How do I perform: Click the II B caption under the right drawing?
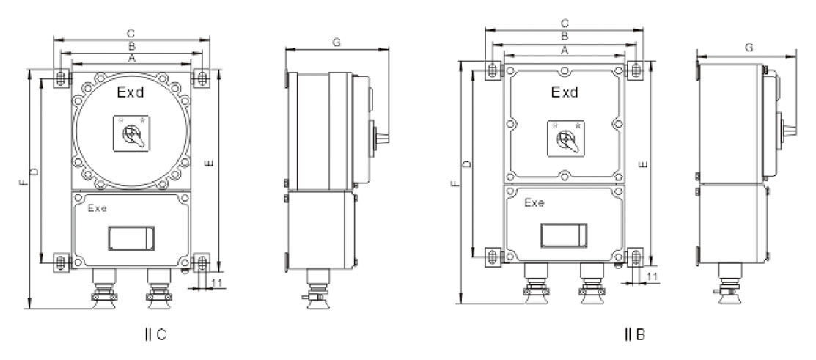(x=634, y=334)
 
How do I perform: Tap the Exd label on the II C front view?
(x=130, y=93)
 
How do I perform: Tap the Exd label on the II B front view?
(x=565, y=92)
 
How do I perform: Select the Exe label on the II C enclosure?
(x=98, y=209)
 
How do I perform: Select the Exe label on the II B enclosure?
(x=534, y=203)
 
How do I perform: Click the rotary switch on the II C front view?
(x=132, y=133)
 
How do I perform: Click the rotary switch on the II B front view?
(x=566, y=138)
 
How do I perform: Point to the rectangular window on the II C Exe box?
(x=131, y=238)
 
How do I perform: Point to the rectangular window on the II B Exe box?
(x=564, y=235)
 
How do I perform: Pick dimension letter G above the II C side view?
(x=337, y=43)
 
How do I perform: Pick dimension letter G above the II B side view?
(x=749, y=48)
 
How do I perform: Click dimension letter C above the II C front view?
(x=131, y=33)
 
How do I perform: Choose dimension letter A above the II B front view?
(x=564, y=49)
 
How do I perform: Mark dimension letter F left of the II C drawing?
(x=23, y=183)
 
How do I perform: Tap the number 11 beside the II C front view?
(x=218, y=283)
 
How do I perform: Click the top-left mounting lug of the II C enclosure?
(x=62, y=78)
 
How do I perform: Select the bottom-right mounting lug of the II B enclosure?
(x=636, y=257)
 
